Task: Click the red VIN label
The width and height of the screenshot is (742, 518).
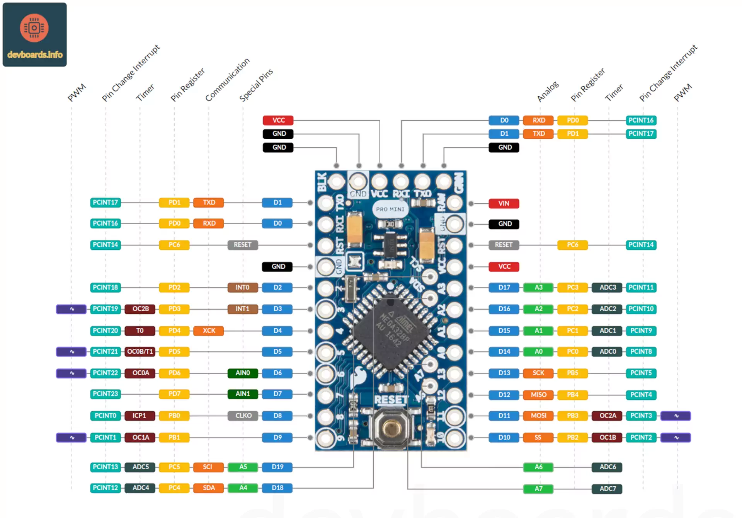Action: [504, 203]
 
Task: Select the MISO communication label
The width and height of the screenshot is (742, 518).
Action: [538, 395]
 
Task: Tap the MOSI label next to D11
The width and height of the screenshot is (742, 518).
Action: [538, 416]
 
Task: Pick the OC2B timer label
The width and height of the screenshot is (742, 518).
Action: [140, 309]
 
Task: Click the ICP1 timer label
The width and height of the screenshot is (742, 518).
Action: [140, 416]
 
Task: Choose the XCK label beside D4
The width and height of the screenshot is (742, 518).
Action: [209, 331]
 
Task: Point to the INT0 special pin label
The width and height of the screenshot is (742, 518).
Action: [242, 287]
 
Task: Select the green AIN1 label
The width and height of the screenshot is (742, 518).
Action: [242, 394]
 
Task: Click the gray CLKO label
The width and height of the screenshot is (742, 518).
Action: [243, 416]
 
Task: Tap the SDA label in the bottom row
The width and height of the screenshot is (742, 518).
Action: [209, 488]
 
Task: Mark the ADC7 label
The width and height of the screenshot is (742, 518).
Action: [608, 489]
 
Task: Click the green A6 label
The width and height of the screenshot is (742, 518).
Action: [538, 467]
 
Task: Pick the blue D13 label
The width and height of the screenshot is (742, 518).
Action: [504, 373]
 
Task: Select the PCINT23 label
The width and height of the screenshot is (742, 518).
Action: [105, 394]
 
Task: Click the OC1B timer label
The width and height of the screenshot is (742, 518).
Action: [608, 437]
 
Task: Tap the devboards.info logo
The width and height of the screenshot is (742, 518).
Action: [35, 35]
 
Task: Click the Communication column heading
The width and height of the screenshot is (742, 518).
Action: [227, 80]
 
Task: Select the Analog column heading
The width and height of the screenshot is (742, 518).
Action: [548, 91]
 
